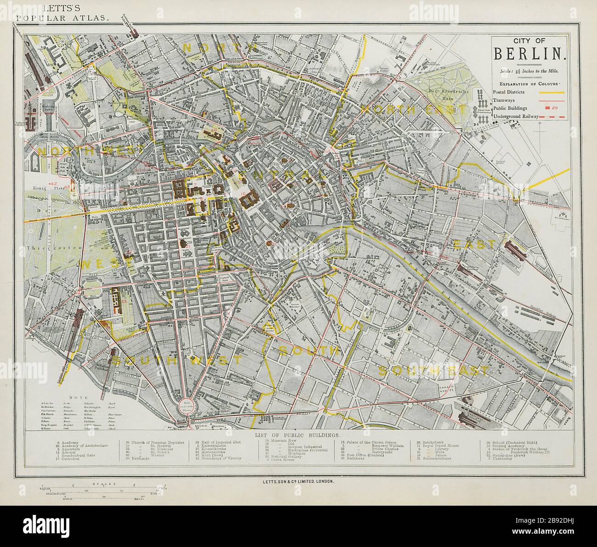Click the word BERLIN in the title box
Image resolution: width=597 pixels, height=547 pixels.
(529, 54)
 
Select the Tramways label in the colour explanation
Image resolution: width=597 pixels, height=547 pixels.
(504, 100)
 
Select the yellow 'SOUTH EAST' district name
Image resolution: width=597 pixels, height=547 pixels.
(432, 370)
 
